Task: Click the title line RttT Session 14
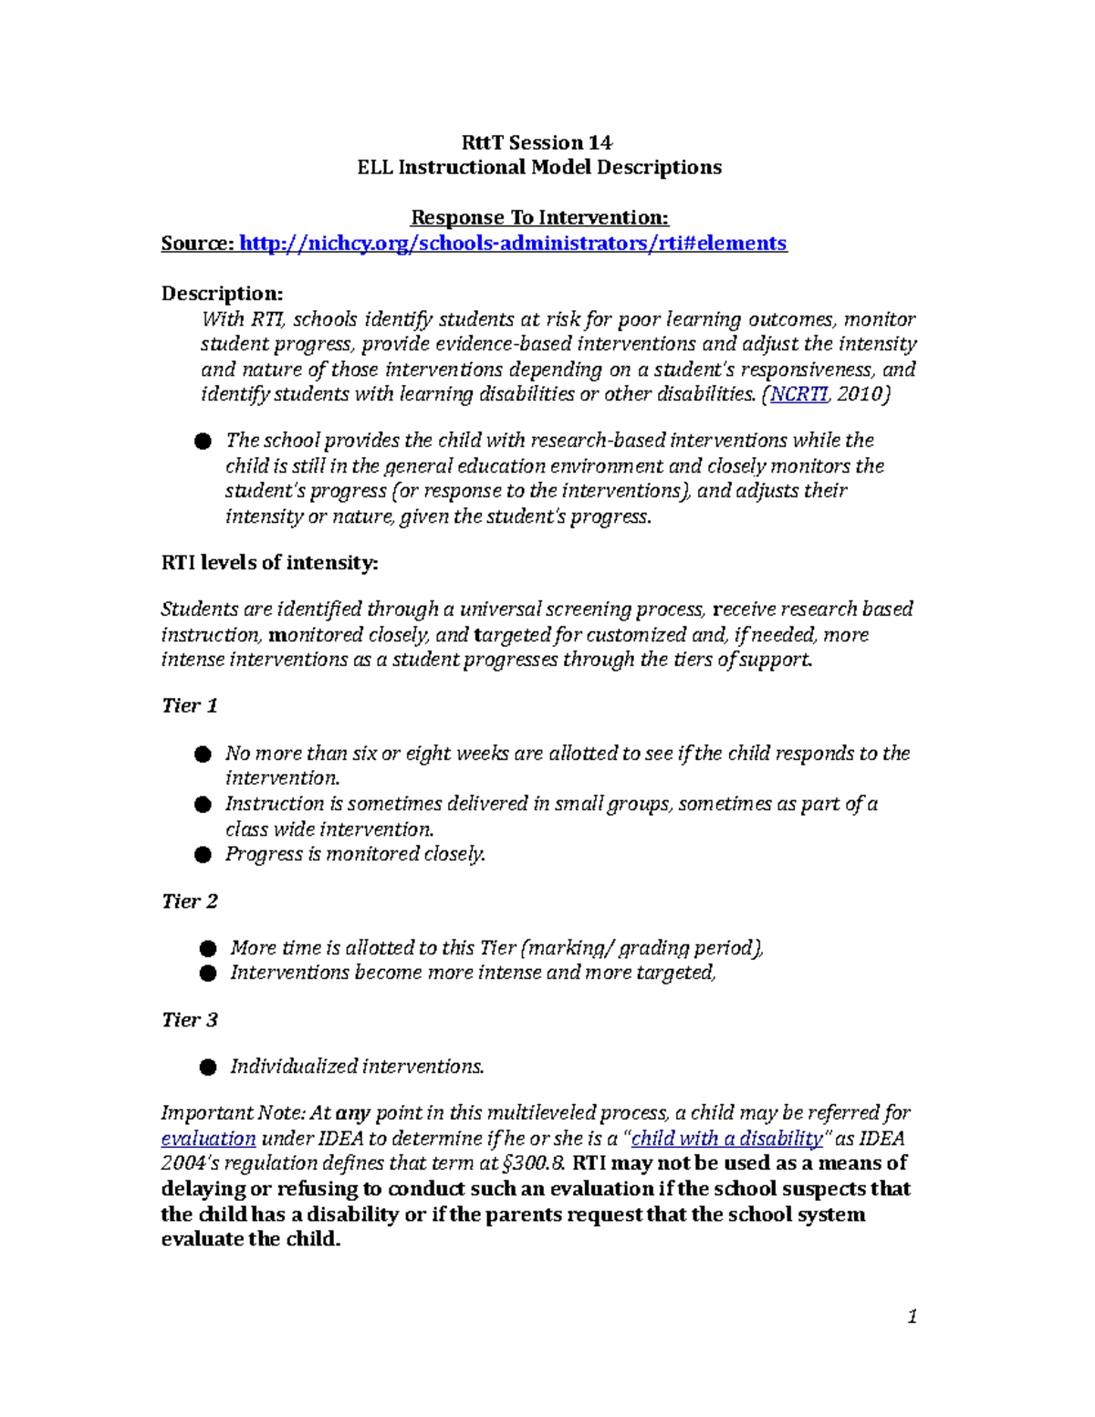click(537, 142)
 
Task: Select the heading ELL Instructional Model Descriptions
click(538, 167)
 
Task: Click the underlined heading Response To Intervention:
click(539, 217)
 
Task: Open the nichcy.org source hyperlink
click(512, 243)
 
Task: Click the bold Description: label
click(222, 293)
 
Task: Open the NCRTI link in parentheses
click(799, 394)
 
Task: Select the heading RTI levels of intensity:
click(269, 562)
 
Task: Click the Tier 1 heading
click(189, 705)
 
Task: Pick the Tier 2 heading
click(189, 901)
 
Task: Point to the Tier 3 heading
click(189, 1020)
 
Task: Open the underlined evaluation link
click(208, 1139)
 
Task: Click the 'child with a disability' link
click(727, 1139)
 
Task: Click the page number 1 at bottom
click(912, 1317)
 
